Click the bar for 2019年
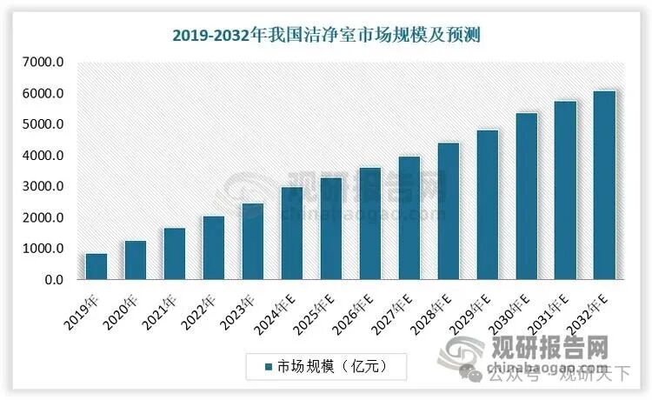pyautogui.click(x=96, y=267)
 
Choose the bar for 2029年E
pyautogui.click(x=488, y=205)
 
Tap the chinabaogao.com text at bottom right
pyautogui.click(x=556, y=366)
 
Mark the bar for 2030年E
pyautogui.click(x=527, y=197)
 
